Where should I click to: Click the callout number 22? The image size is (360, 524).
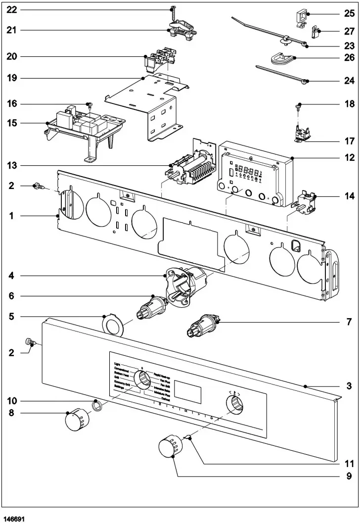11,10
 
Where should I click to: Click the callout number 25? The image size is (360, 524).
349,13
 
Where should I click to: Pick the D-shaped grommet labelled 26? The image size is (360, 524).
282,59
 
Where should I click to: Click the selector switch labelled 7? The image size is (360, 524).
203,327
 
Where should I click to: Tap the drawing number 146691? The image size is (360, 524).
13,519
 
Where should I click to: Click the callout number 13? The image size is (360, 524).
11,165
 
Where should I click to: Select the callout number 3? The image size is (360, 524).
349,385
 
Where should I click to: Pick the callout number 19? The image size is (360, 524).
11,78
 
